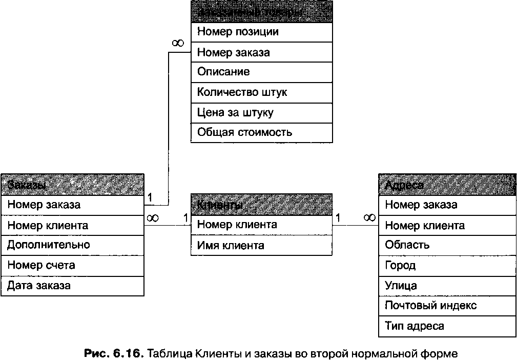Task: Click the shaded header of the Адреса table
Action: pyautogui.click(x=447, y=185)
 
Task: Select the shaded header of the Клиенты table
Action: pyautogui.click(x=261, y=205)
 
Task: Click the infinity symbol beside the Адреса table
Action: pyautogui.click(x=369, y=218)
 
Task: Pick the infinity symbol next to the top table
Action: pyautogui.click(x=177, y=44)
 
